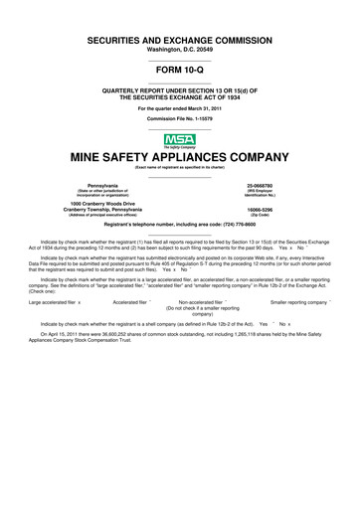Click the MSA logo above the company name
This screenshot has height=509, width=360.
point(179,140)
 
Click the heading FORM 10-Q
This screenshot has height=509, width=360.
point(179,70)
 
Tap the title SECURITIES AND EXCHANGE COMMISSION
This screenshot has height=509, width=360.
point(179,37)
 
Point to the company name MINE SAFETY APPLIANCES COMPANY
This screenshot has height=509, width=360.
point(179,158)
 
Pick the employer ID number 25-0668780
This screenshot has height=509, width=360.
point(260,186)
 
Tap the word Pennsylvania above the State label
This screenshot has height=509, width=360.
point(102,186)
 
